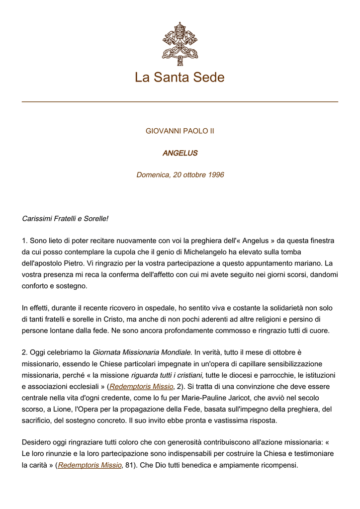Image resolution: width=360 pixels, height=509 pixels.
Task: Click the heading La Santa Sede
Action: click(180, 78)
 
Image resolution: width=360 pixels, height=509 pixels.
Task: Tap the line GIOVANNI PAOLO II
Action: click(180, 131)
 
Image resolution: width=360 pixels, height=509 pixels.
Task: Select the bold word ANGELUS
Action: click(180, 153)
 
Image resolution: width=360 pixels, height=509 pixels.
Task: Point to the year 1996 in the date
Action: click(215, 175)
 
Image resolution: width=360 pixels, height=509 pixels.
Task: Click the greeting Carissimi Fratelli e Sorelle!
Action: click(65, 219)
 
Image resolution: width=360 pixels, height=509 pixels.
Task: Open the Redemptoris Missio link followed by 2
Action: click(141, 386)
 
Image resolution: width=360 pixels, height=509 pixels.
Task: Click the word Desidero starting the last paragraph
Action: click(37, 442)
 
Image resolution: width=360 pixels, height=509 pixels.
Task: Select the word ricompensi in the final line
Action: click(278, 465)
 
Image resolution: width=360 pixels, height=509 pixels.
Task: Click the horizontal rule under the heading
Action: click(180, 102)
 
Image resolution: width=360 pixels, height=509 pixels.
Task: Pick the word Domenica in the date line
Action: click(152, 175)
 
